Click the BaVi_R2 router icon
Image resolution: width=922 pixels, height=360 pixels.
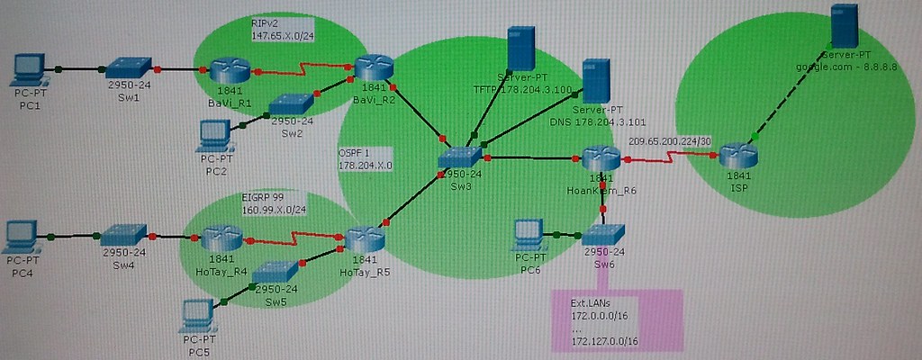tap(372, 67)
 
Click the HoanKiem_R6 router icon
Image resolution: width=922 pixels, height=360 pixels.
tap(597, 159)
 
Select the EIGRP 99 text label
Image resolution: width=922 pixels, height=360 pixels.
tap(265, 195)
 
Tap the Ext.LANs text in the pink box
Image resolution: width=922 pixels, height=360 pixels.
tap(591, 303)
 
